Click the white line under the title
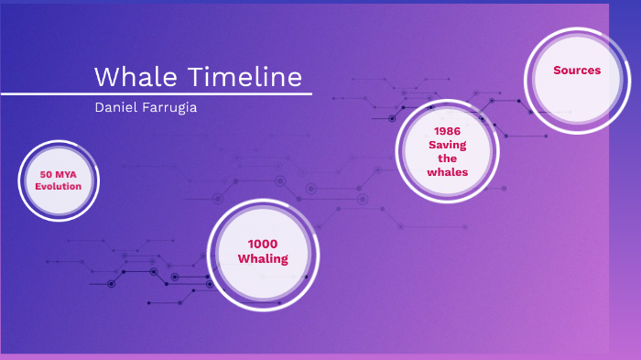(x=156, y=93)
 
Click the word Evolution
(x=59, y=186)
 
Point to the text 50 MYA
(x=59, y=174)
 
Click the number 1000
(x=263, y=244)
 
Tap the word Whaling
(x=263, y=258)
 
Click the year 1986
(x=447, y=131)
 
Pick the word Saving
(x=447, y=145)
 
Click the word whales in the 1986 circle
(x=447, y=171)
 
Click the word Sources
(x=577, y=71)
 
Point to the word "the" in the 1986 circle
(x=447, y=158)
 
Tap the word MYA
(x=66, y=174)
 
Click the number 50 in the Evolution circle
(x=45, y=174)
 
